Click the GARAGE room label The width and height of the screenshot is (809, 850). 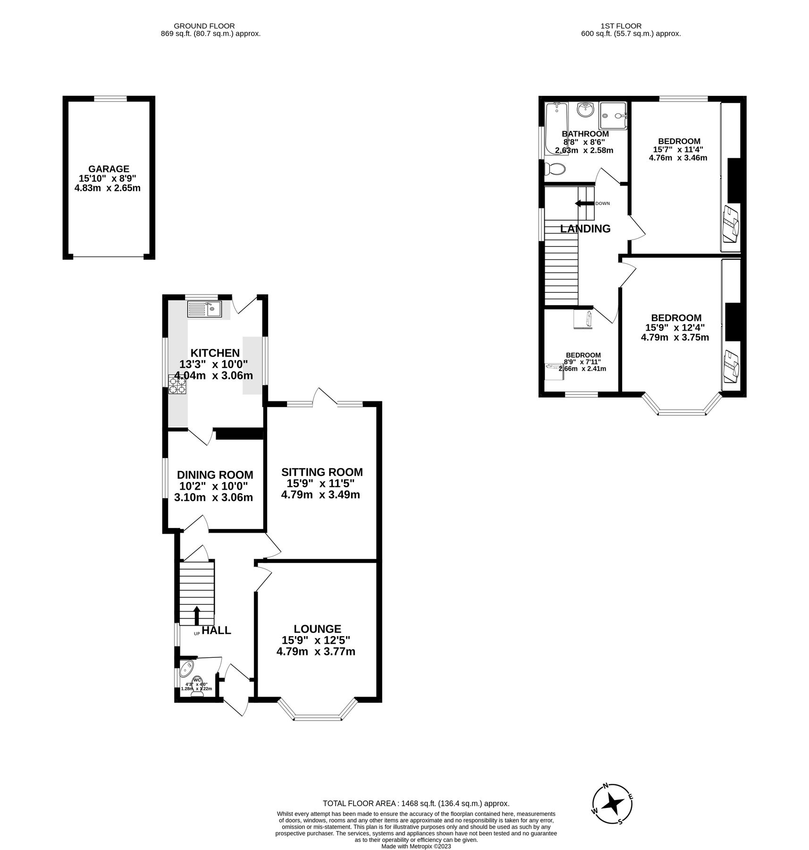pyautogui.click(x=109, y=169)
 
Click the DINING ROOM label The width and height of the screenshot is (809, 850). pyautogui.click(x=215, y=475)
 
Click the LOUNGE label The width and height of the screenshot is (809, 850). pyautogui.click(x=317, y=629)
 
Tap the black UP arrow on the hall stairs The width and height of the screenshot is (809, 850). pyautogui.click(x=197, y=615)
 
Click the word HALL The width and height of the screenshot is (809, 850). pyautogui.click(x=217, y=630)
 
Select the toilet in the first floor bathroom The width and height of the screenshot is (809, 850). pyautogui.click(x=555, y=168)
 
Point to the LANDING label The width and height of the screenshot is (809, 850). pyautogui.click(x=585, y=229)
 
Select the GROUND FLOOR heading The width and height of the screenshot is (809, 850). pyautogui.click(x=204, y=26)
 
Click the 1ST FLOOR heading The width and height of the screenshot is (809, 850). pyautogui.click(x=621, y=26)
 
